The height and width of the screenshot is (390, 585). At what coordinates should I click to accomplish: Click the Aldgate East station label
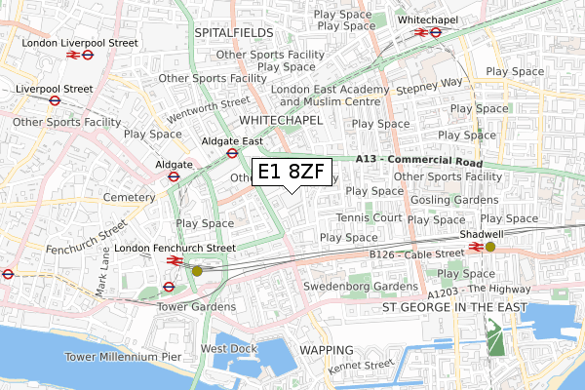coord(232,140)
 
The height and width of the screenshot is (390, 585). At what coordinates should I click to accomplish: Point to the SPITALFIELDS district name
coord(232,32)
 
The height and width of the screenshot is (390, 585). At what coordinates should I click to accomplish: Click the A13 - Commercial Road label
coord(433,161)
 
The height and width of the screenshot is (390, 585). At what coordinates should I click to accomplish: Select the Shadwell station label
coord(483,234)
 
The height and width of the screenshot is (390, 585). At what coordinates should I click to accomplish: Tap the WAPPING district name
coord(326,349)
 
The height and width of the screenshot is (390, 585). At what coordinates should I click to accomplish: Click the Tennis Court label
coord(370,217)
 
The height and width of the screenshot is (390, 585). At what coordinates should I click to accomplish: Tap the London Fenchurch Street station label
coord(175,249)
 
